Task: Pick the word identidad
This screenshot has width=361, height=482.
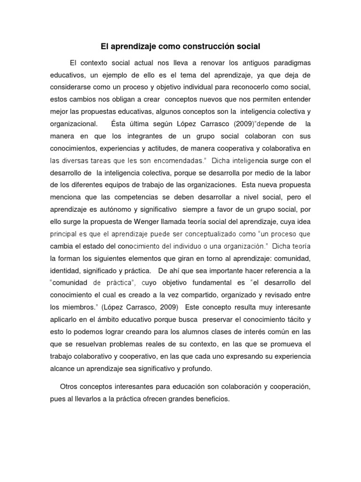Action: (x=67, y=271)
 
